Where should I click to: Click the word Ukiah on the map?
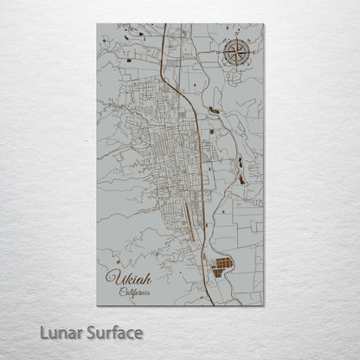coord(128,280)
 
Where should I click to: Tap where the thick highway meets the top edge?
coord(165,25)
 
